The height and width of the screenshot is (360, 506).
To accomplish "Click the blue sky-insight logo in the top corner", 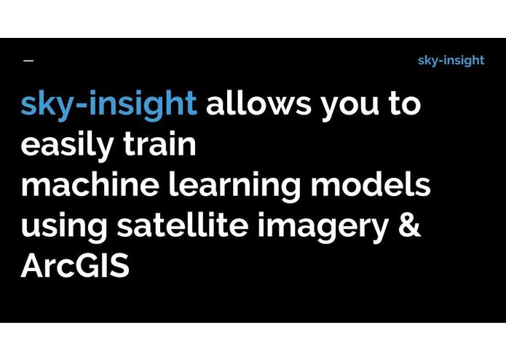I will (x=451, y=60).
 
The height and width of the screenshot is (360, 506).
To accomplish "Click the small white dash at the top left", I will (x=28, y=60).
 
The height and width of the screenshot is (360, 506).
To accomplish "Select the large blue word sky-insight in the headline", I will (x=108, y=105).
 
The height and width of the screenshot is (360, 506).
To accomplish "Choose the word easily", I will (x=64, y=146).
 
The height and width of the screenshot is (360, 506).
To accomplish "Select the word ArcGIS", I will (x=75, y=267).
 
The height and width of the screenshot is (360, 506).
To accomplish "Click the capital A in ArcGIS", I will (x=32, y=267).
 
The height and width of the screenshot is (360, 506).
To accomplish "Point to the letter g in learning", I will (x=290, y=189).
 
